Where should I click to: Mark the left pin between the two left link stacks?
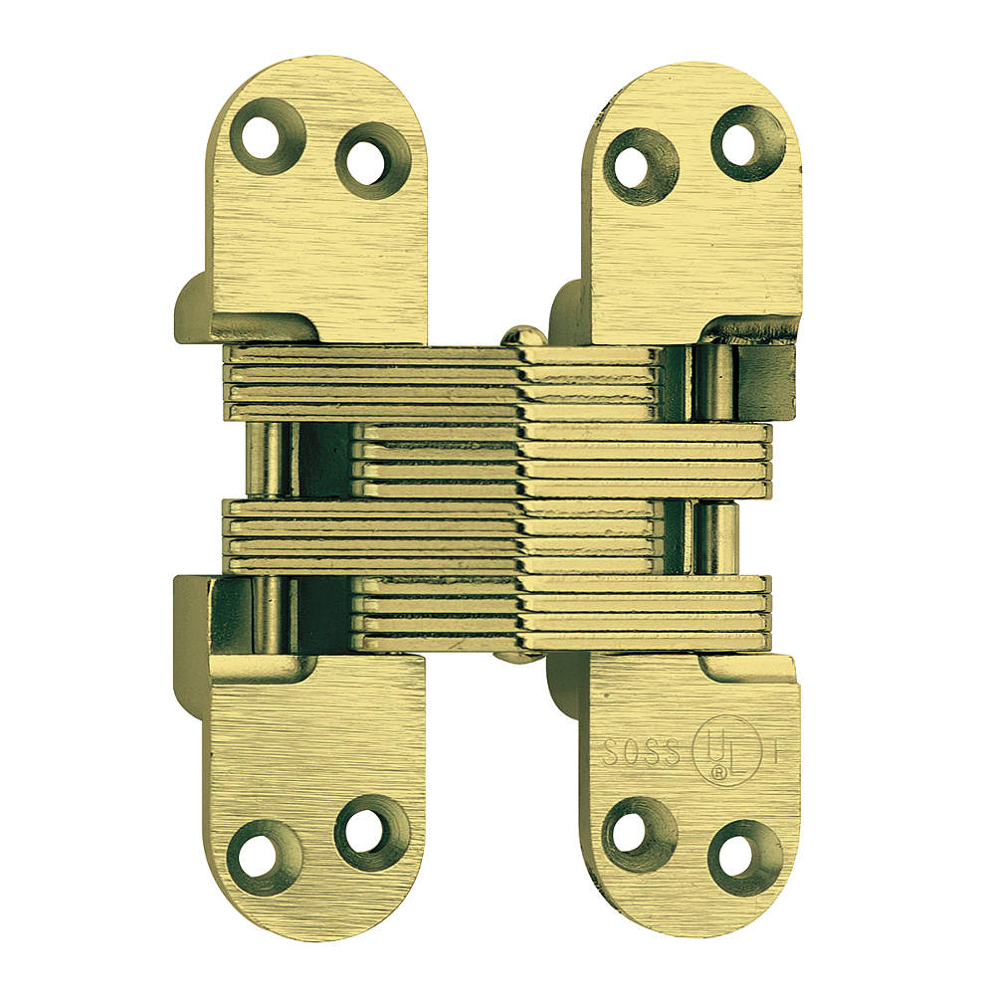click(x=269, y=459)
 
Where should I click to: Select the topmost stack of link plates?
click(x=438, y=383)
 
